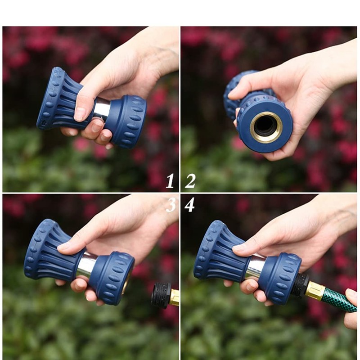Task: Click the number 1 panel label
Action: pyautogui.click(x=170, y=181)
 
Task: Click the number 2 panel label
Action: pyautogui.click(x=190, y=181)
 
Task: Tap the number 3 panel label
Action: pyautogui.click(x=171, y=205)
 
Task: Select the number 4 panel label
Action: pyautogui.click(x=189, y=205)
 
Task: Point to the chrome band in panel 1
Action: pyautogui.click(x=102, y=108)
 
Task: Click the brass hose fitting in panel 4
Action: pyautogui.click(x=315, y=291)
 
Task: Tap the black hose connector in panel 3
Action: pyautogui.click(x=161, y=295)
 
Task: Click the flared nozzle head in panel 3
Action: pyautogui.click(x=45, y=252)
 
